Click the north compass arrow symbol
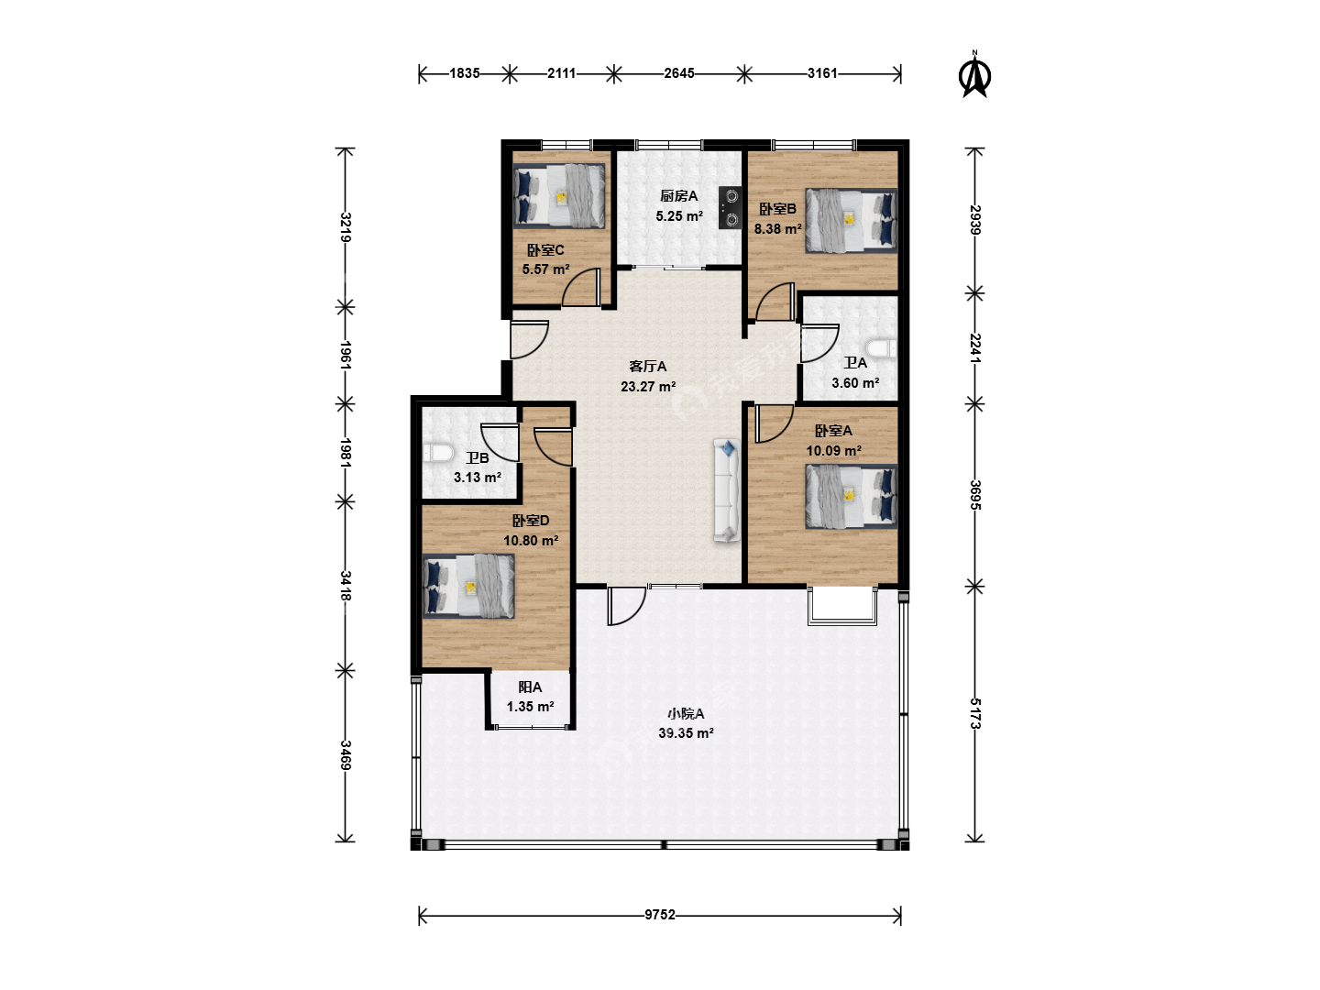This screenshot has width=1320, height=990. (974, 75)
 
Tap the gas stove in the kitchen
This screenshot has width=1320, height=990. (730, 207)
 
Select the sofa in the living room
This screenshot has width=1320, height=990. (726, 490)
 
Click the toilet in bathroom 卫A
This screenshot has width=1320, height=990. (881, 348)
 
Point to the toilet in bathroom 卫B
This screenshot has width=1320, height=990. (438, 453)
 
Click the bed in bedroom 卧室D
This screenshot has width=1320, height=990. (468, 586)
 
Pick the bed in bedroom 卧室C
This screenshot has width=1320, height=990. (559, 196)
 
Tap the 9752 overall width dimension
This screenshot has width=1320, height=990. (660, 914)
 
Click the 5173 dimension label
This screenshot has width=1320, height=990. (974, 713)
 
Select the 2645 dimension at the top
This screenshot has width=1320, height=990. (679, 73)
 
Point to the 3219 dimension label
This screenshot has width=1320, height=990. (346, 227)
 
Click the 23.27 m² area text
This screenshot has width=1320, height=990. (648, 387)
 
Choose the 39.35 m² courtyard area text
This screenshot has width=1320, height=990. (687, 733)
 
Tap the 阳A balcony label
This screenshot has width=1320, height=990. (530, 687)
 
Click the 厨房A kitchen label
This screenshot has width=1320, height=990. (679, 196)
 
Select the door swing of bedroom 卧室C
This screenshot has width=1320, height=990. (581, 288)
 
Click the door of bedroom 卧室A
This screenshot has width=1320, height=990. (774, 423)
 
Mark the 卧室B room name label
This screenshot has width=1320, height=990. (777, 209)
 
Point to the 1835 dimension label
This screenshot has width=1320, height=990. (465, 73)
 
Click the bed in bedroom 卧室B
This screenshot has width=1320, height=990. (852, 221)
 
